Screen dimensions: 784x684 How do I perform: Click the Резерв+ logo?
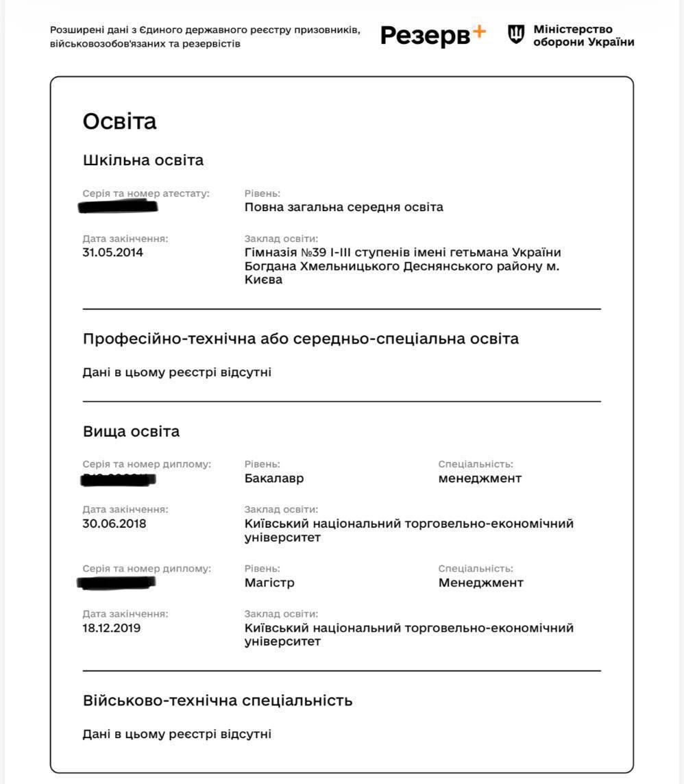coord(432,35)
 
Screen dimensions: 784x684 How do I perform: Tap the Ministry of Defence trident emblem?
coord(516,34)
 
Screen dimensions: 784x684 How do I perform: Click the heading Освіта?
coord(119,121)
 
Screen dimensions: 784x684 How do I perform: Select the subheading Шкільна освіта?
coord(143,160)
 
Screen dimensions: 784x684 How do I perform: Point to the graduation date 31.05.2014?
coord(113,252)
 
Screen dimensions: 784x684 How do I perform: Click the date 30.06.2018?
coord(114,524)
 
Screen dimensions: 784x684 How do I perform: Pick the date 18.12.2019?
coord(112,628)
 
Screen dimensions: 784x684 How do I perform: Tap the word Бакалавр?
coord(274,478)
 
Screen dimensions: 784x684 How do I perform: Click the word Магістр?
coord(269,583)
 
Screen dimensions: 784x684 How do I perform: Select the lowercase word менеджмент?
coord(480,478)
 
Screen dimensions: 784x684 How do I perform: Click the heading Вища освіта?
coord(131,432)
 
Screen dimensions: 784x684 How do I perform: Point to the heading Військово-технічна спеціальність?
coord(218,700)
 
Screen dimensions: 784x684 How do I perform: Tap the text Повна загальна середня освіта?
coord(344,207)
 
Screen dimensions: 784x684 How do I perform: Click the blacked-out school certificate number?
coord(119,206)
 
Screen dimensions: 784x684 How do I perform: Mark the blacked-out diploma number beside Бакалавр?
coord(118,479)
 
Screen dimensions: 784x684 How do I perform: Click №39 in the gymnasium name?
coord(313,252)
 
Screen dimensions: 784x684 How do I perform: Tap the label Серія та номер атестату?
coord(146,193)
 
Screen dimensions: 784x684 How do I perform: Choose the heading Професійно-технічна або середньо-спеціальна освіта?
coord(301,339)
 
